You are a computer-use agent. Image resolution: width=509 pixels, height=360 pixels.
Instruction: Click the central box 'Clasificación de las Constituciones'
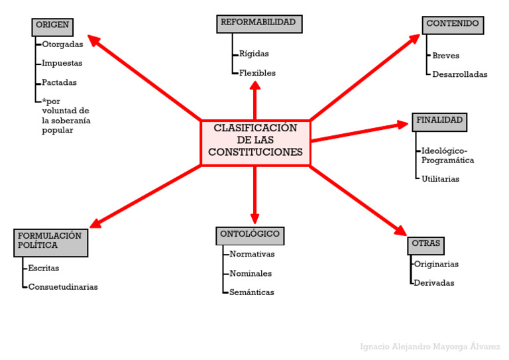[x=255, y=143]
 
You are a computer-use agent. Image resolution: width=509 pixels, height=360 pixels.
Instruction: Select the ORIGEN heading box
[x=52, y=26]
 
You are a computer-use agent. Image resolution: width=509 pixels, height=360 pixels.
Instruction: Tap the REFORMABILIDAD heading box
[x=258, y=23]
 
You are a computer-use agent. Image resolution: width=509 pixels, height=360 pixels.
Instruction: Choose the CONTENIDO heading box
[x=453, y=25]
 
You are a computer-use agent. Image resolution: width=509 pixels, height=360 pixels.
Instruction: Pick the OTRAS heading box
[x=425, y=245]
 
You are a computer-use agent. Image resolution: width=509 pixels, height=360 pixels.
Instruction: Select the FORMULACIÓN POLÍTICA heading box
[x=50, y=242]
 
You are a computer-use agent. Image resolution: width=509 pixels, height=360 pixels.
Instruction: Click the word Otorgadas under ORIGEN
[x=62, y=45]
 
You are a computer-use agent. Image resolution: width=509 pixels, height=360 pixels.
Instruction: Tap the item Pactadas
[x=59, y=83]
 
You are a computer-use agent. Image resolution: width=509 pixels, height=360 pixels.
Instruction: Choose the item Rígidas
[x=254, y=54]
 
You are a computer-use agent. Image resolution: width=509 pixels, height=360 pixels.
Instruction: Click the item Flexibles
[x=257, y=73]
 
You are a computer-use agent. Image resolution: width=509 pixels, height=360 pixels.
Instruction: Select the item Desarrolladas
[x=459, y=75]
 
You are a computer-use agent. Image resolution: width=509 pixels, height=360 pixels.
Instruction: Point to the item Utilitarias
[x=440, y=179]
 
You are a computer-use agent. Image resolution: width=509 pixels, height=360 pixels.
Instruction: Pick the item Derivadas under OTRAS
[x=434, y=283]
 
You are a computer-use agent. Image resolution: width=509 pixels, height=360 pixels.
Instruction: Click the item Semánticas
[x=252, y=292]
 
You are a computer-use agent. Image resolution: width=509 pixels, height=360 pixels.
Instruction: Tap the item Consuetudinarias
[x=63, y=287]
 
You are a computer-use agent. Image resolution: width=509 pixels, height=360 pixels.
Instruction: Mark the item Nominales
[x=251, y=274]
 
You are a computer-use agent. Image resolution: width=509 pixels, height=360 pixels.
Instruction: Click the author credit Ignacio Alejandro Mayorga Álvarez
[x=429, y=347]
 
